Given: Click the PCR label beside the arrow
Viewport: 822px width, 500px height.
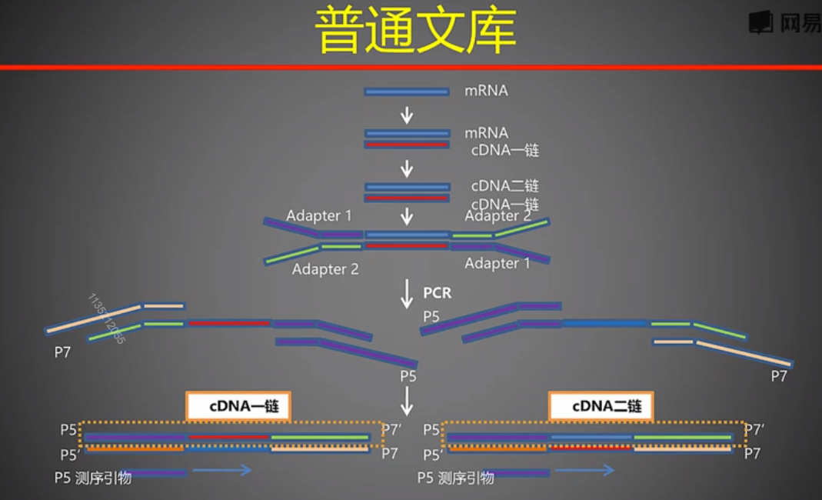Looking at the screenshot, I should (437, 293).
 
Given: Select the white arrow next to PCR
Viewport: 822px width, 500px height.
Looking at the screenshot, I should (407, 294).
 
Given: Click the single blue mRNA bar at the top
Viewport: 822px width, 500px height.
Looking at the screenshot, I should (407, 92).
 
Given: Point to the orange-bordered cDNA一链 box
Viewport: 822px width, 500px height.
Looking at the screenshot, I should (238, 406).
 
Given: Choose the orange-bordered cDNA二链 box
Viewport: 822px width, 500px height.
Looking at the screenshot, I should (601, 406).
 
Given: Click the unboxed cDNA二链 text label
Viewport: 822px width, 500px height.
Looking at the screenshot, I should (504, 186).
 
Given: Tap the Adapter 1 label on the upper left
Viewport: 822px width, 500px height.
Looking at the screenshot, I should (318, 216).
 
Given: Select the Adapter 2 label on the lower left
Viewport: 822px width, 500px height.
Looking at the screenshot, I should (324, 269).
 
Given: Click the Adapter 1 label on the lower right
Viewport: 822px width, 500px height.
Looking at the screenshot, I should (497, 263).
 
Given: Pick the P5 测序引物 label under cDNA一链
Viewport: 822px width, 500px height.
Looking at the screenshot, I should (92, 478).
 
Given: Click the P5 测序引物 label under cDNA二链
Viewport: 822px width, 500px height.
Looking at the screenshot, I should (455, 478).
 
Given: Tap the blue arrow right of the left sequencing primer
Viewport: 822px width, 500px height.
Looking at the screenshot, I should (222, 470).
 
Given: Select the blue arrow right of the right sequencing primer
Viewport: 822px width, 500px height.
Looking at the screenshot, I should (584, 470).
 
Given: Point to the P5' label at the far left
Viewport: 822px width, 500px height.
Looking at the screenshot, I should (70, 455).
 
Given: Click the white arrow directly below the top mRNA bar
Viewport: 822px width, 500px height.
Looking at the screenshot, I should (407, 115).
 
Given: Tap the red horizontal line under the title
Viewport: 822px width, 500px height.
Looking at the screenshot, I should (411, 68).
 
